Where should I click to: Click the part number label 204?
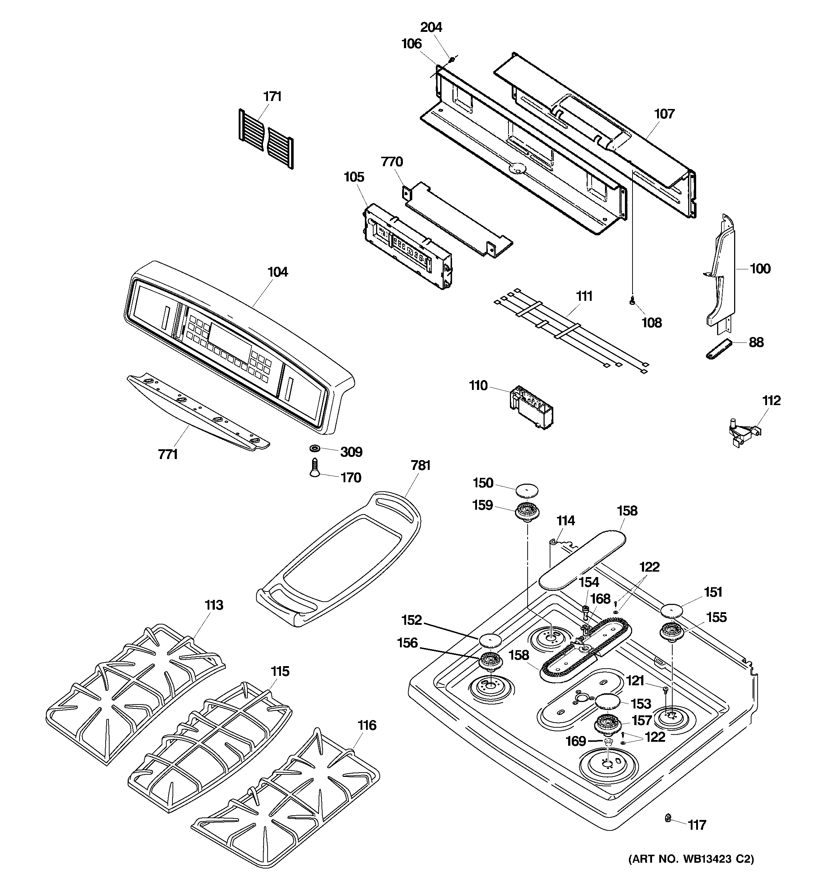(431, 28)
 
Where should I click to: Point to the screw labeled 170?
(314, 467)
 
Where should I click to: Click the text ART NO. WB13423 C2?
(691, 859)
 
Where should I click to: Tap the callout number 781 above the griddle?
(420, 465)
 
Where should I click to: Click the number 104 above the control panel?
(277, 272)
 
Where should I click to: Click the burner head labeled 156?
(490, 661)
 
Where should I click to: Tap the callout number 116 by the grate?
(367, 725)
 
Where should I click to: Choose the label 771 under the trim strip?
(168, 455)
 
